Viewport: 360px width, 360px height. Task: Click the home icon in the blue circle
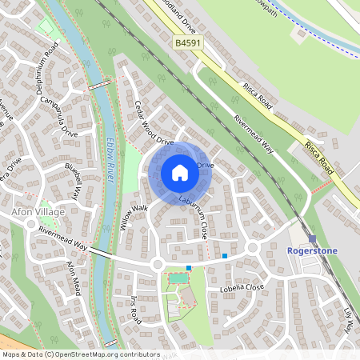pos(180,172)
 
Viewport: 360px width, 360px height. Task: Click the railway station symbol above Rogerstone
pos(312,238)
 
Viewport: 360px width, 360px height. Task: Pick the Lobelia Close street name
pos(236,286)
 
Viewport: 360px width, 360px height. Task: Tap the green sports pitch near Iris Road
pos(179,278)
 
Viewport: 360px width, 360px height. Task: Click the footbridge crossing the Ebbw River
pos(99,83)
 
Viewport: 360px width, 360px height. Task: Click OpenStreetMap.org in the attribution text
pos(94,354)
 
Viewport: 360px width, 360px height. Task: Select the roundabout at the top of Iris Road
pos(157,264)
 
